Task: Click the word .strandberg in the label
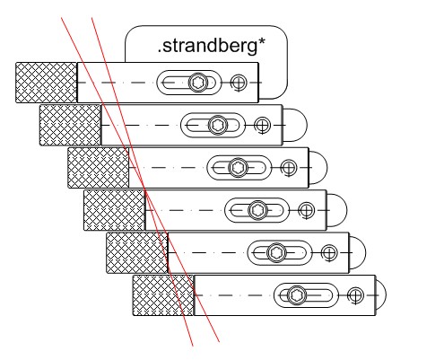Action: [207, 47]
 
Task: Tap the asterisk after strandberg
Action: [261, 43]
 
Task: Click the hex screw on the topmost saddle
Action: [198, 83]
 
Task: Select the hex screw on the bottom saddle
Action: [297, 295]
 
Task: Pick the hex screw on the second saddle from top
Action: [218, 125]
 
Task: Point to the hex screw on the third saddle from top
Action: [238, 167]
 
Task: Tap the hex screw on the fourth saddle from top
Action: [257, 210]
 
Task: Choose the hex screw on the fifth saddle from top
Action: [277, 252]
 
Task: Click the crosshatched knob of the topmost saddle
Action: [46, 83]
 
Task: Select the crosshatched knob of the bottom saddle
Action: [163, 295]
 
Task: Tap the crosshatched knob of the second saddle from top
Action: [70, 125]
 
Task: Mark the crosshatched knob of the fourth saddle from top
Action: [114, 210]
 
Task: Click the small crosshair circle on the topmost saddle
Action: [239, 83]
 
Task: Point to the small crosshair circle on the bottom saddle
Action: [355, 295]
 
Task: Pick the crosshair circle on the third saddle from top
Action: [289, 168]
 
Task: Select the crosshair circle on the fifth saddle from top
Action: [329, 252]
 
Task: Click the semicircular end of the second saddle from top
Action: [307, 125]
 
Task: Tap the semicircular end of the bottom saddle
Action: [386, 295]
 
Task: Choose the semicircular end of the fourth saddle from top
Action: [346, 210]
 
